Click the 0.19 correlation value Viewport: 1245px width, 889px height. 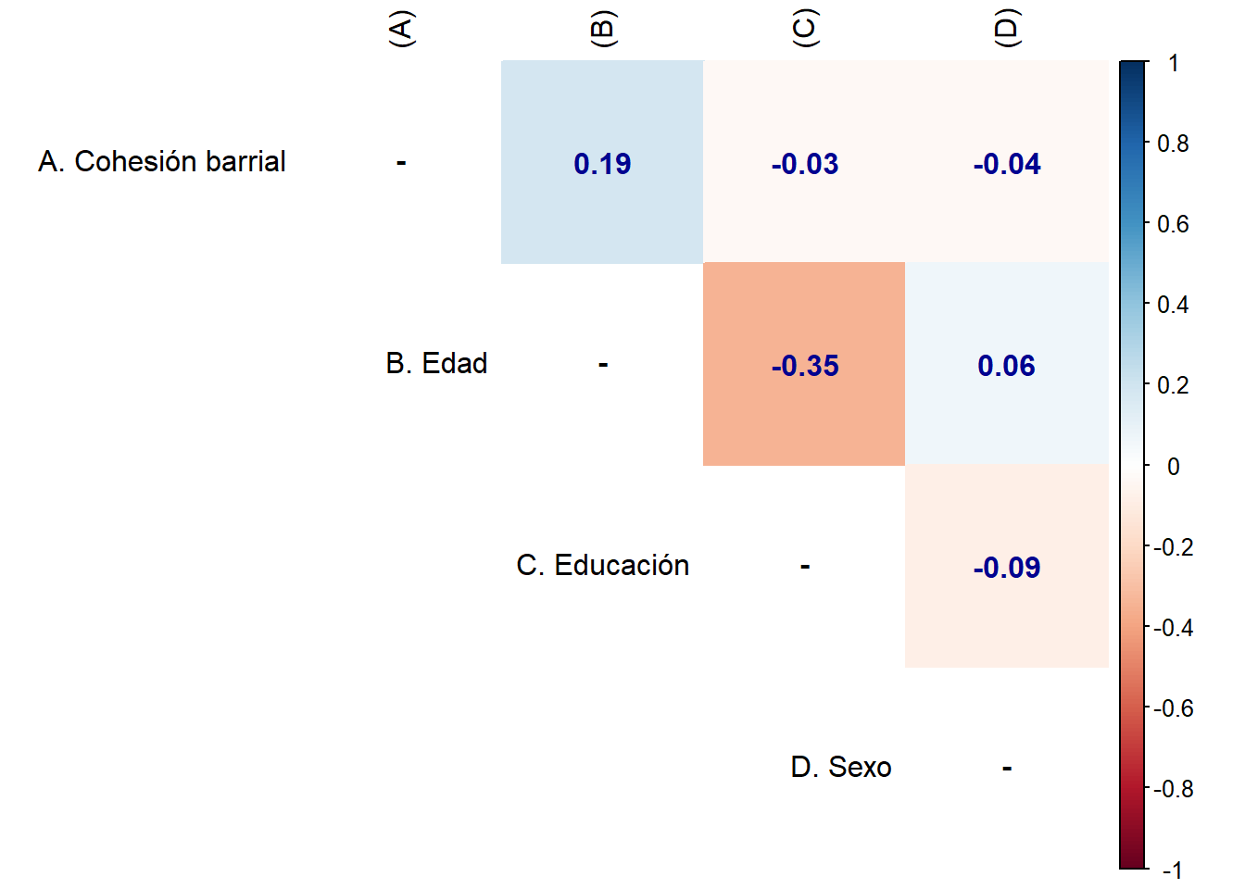(602, 164)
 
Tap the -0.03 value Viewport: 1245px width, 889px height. (804, 164)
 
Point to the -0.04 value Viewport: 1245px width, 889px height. (1006, 164)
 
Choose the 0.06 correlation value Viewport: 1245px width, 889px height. (1006, 366)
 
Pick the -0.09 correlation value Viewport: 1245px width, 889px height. (1006, 568)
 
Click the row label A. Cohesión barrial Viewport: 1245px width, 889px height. (162, 161)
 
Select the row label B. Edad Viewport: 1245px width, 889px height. (436, 363)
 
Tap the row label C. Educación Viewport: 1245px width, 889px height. (602, 565)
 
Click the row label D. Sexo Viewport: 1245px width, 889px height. (841, 767)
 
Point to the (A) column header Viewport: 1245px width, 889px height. (401, 29)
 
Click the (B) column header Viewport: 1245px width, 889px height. (602, 29)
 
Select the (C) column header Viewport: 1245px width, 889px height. (804, 29)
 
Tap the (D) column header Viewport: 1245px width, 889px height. (1006, 29)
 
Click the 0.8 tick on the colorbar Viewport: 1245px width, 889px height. (1173, 144)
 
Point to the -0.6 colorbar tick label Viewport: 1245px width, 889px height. (1173, 708)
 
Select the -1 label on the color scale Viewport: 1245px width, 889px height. (1173, 870)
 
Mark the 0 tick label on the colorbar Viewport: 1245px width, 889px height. (1174, 467)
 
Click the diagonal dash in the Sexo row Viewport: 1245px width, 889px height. (1006, 768)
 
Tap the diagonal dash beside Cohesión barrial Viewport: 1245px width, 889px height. (401, 163)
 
